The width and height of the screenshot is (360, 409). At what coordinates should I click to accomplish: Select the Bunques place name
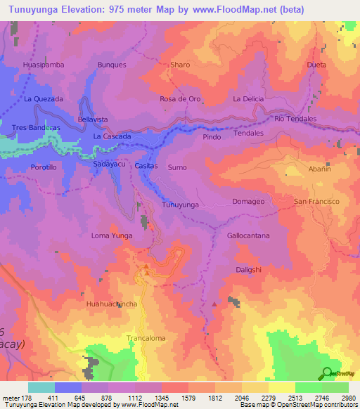click(x=112, y=65)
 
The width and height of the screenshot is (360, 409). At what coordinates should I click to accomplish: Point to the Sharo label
click(x=181, y=65)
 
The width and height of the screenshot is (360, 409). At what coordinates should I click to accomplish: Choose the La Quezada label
click(x=44, y=99)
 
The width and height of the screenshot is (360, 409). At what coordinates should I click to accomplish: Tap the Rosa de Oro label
click(x=181, y=99)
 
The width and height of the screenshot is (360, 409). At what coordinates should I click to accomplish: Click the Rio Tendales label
click(x=296, y=119)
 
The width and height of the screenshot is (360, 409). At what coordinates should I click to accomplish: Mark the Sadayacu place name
click(x=109, y=164)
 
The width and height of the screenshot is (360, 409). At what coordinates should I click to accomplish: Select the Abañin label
click(x=319, y=169)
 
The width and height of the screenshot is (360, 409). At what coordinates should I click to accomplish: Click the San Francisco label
click(x=316, y=202)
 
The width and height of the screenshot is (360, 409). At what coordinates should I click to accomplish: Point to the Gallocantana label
click(x=248, y=236)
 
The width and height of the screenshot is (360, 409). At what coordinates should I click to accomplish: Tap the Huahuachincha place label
click(x=111, y=304)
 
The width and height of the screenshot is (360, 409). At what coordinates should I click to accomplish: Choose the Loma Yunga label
click(x=112, y=236)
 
